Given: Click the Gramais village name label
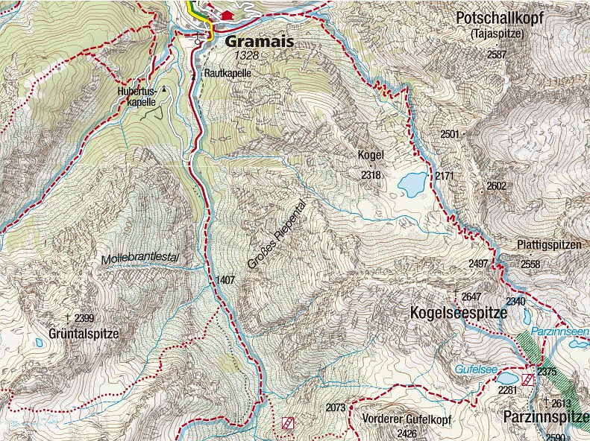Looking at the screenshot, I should tap(257, 42).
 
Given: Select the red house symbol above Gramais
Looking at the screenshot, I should tap(227, 15).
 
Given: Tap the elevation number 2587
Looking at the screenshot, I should tap(496, 55).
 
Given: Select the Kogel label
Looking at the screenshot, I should tap(371, 155).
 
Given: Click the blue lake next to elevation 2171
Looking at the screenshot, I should tap(412, 182).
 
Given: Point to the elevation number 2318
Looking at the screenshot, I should tap(371, 175).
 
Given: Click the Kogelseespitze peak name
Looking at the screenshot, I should tap(459, 314).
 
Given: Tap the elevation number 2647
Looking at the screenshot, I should tap(471, 296).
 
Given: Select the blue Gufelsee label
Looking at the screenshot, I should tap(475, 369).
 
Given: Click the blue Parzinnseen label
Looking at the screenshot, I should tap(559, 331).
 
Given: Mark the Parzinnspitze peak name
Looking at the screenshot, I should tap(545, 416).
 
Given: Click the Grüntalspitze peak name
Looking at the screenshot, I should tap(84, 334).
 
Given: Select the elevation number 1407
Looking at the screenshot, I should tap(225, 280).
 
